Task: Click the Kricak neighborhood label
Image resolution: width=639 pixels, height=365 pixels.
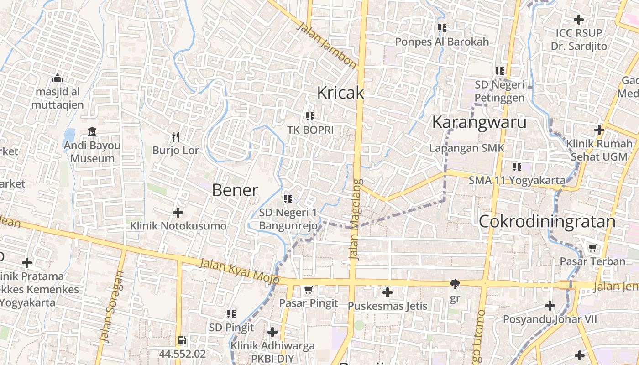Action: pyautogui.click(x=340, y=93)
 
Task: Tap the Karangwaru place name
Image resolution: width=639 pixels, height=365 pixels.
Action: pyautogui.click(x=479, y=122)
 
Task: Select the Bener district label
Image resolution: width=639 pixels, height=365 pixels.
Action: pyautogui.click(x=235, y=190)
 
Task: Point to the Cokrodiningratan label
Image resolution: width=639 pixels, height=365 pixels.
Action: pyautogui.click(x=547, y=222)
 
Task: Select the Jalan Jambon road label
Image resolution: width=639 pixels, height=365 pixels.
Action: pyautogui.click(x=326, y=47)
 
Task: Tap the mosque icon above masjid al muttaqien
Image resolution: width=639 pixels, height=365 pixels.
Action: pyautogui.click(x=58, y=78)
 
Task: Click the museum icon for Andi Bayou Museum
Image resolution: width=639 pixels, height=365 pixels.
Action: pyautogui.click(x=92, y=132)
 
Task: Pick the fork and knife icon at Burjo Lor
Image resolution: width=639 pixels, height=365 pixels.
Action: pyautogui.click(x=176, y=136)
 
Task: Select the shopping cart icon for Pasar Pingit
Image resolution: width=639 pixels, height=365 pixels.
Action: pyautogui.click(x=309, y=290)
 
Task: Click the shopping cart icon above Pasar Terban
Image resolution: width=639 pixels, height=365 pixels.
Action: pyautogui.click(x=592, y=248)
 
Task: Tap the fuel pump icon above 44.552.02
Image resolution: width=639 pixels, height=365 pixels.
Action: pyautogui.click(x=182, y=340)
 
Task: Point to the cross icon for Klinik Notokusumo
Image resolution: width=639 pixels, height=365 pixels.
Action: pyautogui.click(x=178, y=212)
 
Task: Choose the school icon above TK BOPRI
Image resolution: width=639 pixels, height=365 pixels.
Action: pyautogui.click(x=310, y=116)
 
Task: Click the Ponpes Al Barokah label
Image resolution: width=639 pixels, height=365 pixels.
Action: pyautogui.click(x=442, y=42)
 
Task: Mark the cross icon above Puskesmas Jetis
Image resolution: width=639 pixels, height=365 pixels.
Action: pyautogui.click(x=388, y=292)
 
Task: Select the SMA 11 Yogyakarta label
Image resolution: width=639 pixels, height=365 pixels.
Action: pyautogui.click(x=517, y=180)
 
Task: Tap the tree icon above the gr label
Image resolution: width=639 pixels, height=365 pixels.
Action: pyautogui.click(x=455, y=284)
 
